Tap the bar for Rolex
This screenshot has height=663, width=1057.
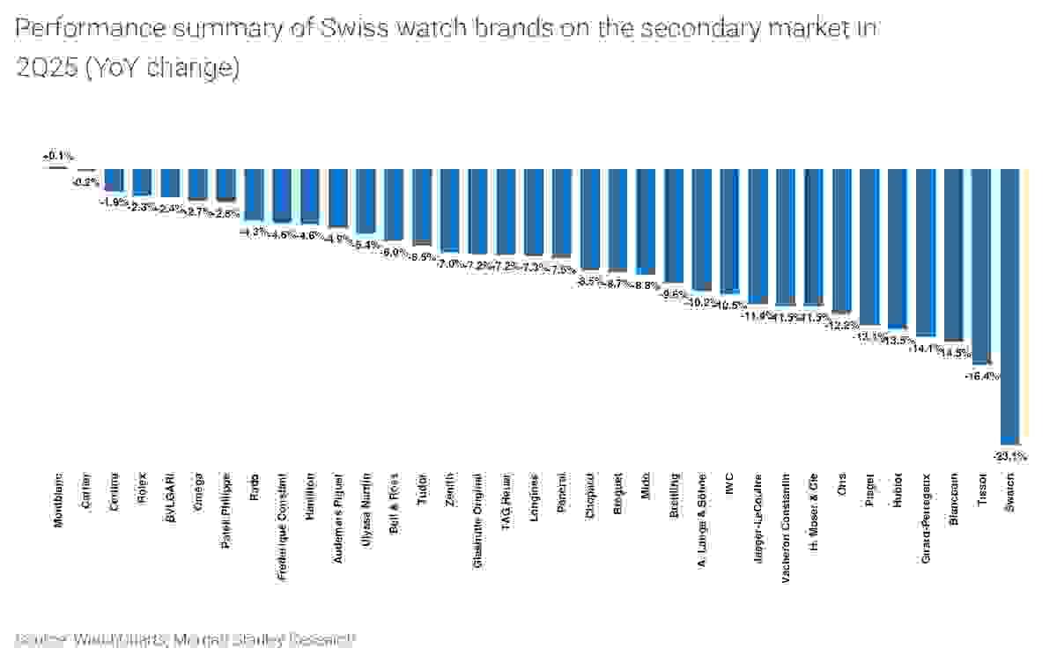[x=142, y=181]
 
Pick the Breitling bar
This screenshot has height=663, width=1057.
[x=674, y=225]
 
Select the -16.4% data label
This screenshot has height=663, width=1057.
[x=981, y=376]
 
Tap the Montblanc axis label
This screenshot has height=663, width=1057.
[x=58, y=501]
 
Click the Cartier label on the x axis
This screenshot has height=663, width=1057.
[x=86, y=494]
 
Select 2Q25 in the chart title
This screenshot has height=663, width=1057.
[x=45, y=68]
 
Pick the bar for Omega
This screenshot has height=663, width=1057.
[x=198, y=184]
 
